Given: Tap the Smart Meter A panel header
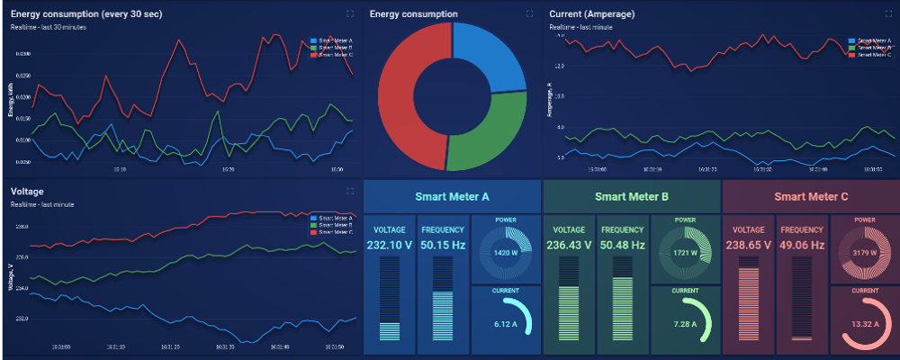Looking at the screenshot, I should click(x=452, y=196).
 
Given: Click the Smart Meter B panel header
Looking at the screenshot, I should click(x=631, y=196).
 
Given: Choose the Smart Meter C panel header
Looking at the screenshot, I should click(x=811, y=196).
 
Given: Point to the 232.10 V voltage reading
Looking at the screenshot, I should click(x=390, y=245).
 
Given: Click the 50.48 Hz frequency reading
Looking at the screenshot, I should click(x=623, y=245).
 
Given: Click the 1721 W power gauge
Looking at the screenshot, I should click(x=685, y=254).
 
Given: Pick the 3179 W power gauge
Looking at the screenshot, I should click(x=865, y=254).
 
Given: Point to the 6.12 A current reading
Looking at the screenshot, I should click(x=505, y=323).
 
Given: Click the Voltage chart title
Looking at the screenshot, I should click(x=27, y=192).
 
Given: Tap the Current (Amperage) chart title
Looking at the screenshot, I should click(x=591, y=14).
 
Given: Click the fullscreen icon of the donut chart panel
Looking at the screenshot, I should click(x=529, y=13).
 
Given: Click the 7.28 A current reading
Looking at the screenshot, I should click(x=685, y=323).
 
